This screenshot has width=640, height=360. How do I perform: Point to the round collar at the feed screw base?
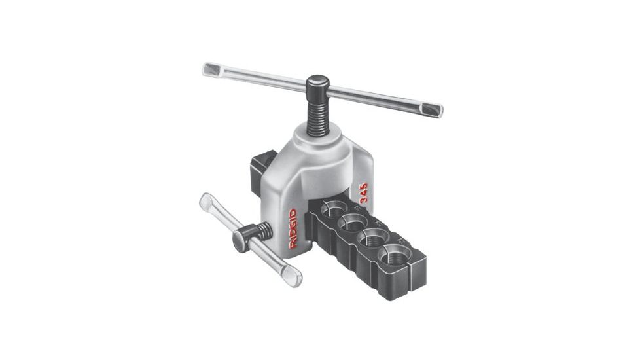[x=319, y=134]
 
